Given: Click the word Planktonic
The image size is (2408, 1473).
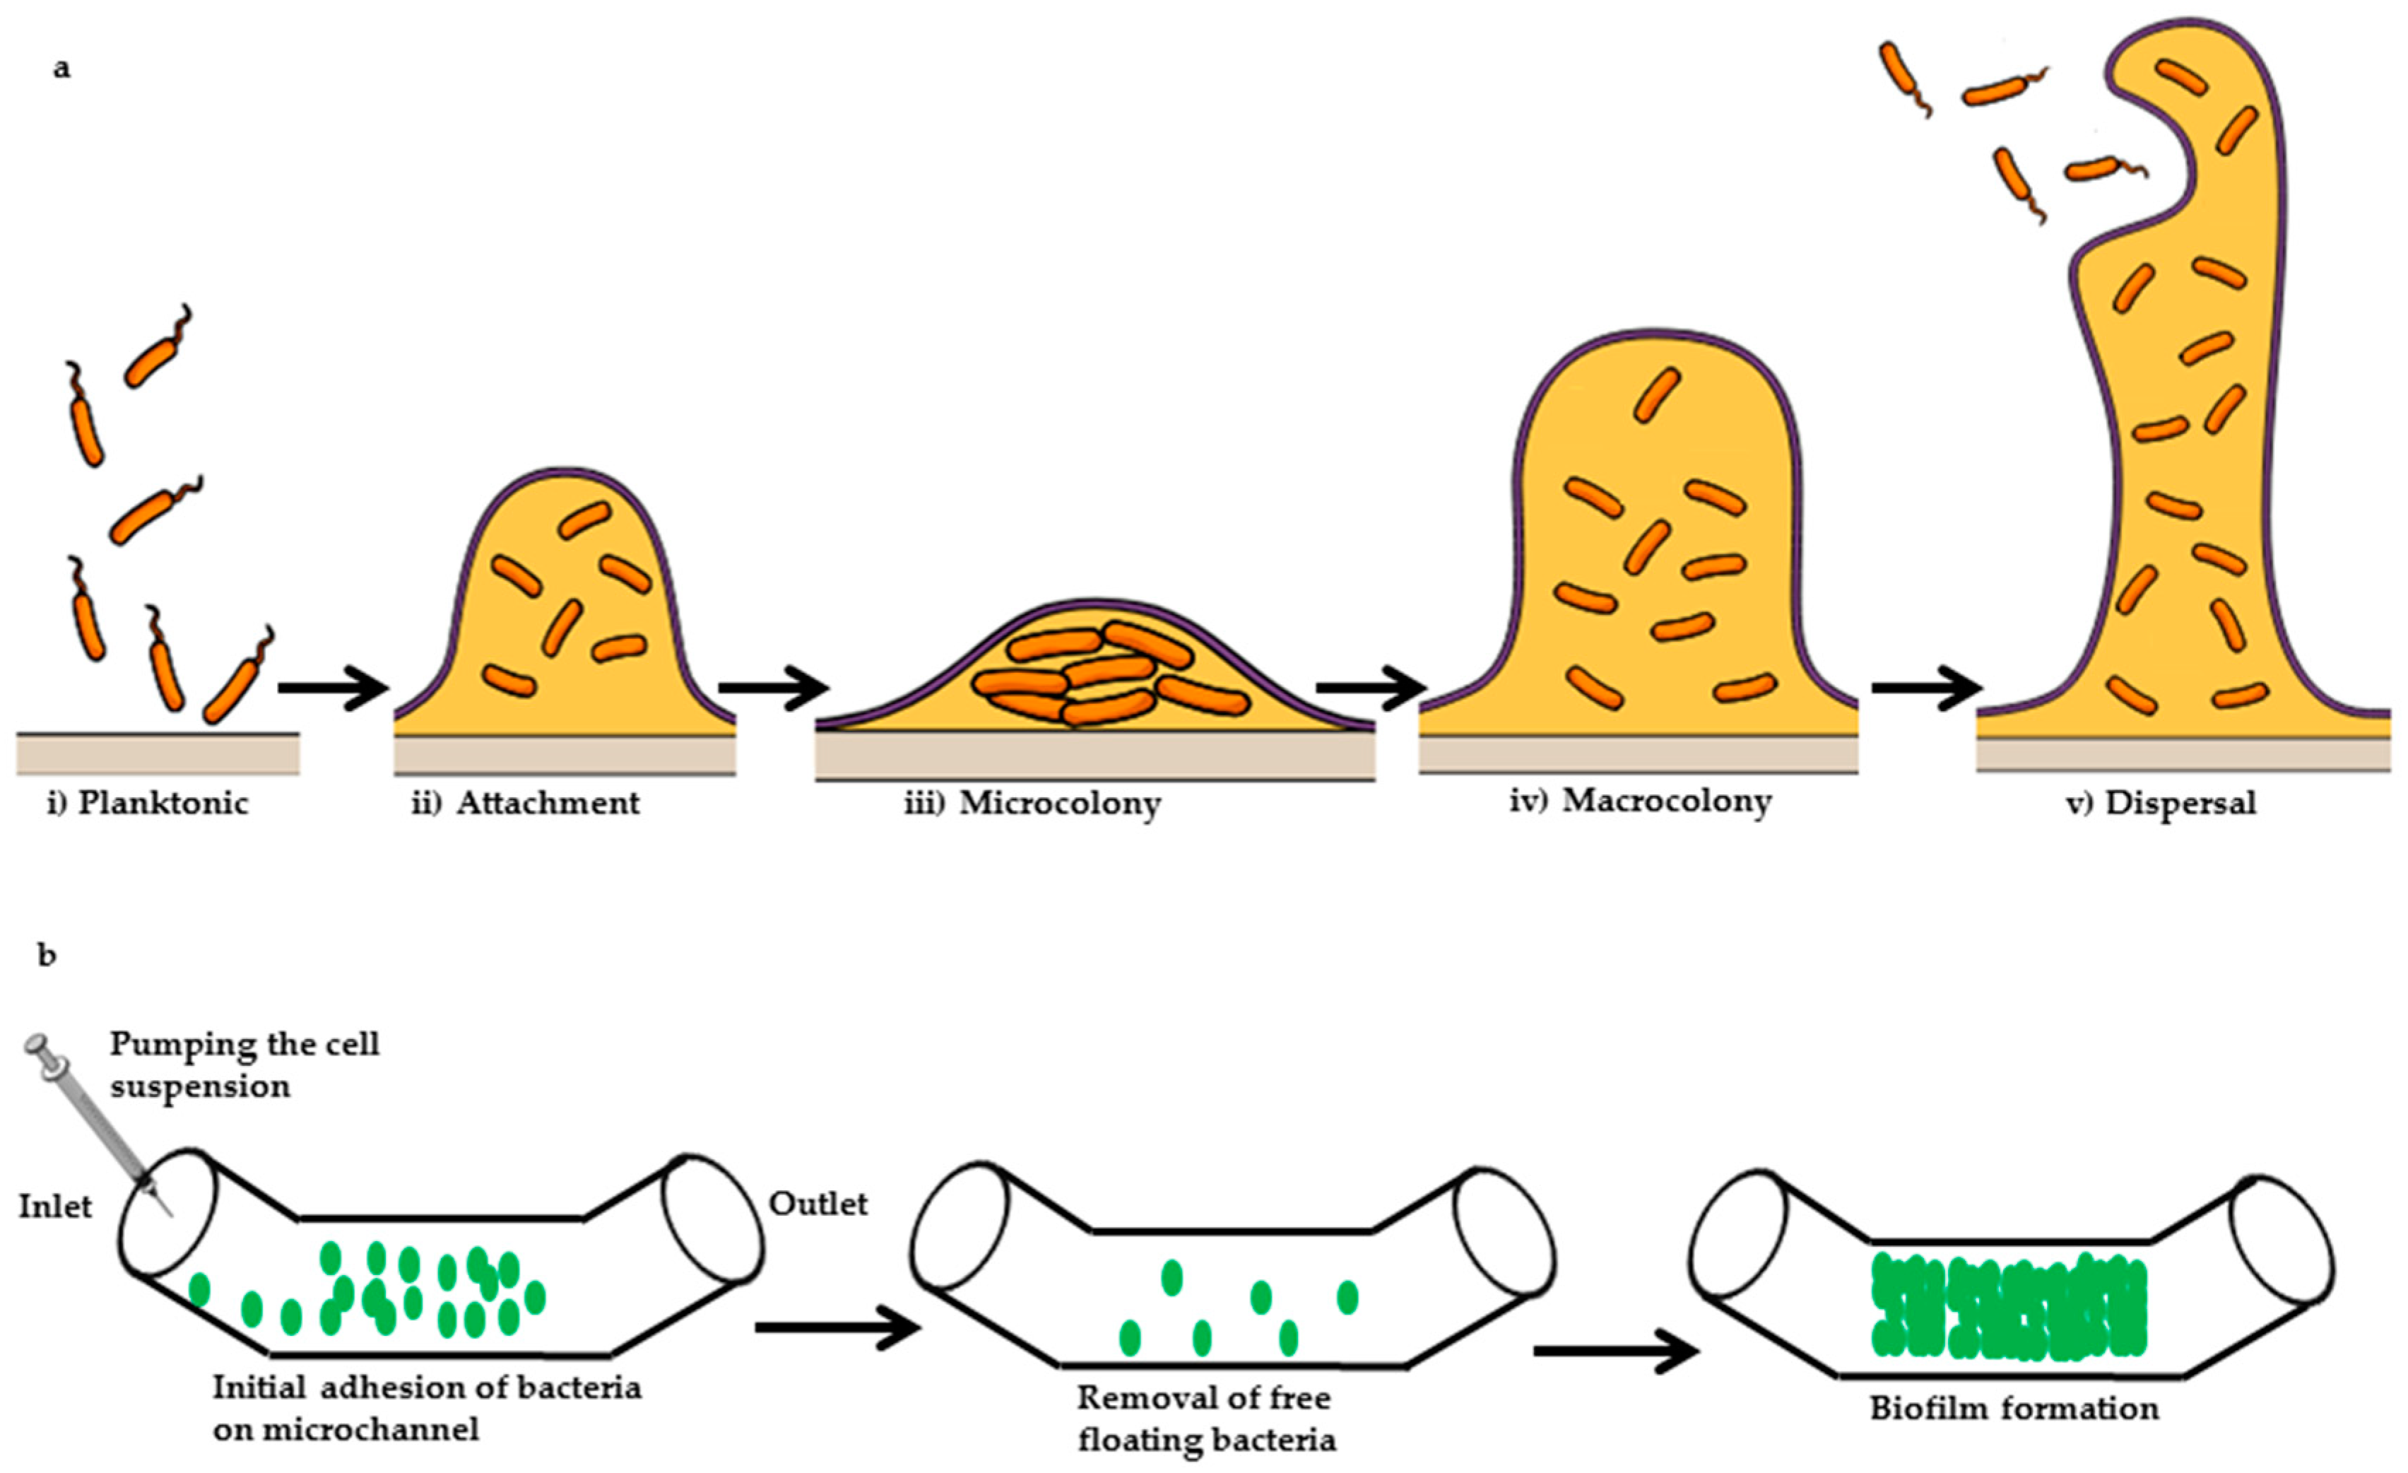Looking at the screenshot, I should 163,804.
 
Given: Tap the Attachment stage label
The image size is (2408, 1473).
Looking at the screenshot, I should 548,804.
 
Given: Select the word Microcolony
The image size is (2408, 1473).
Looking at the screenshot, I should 1061,804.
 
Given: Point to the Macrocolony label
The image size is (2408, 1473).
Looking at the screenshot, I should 1666,801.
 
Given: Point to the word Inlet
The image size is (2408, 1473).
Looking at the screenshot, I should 54,1207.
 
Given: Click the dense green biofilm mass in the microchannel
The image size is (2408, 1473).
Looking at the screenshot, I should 2008,1310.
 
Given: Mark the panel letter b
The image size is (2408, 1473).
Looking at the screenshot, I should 47,954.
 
